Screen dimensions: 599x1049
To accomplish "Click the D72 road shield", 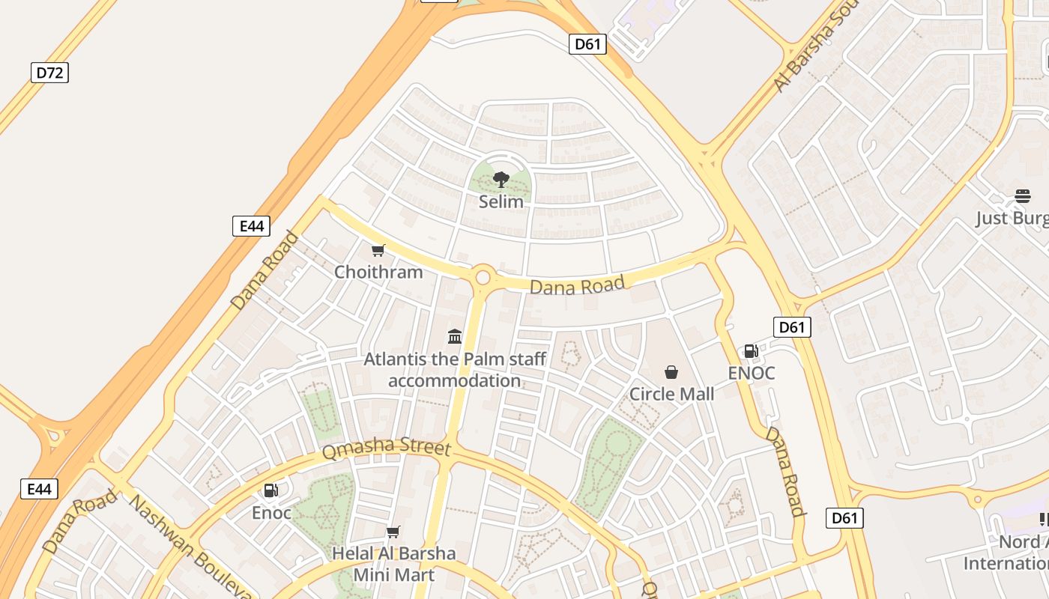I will pyautogui.click(x=49, y=73).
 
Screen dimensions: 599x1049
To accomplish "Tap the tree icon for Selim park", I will pyautogui.click(x=501, y=180).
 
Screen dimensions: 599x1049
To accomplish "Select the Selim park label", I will pyautogui.click(x=501, y=201).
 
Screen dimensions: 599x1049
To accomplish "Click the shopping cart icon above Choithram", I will pyautogui.click(x=378, y=251).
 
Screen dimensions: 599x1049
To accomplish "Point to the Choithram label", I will pyautogui.click(x=378, y=272).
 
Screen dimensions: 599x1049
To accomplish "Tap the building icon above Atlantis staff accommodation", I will pyautogui.click(x=455, y=336).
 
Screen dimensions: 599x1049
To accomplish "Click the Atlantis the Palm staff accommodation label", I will pyautogui.click(x=455, y=370).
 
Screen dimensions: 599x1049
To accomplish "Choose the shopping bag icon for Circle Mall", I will pyautogui.click(x=671, y=372).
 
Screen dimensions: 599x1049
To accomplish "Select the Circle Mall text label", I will pyautogui.click(x=671, y=394).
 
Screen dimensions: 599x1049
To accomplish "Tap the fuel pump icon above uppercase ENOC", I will pyautogui.click(x=751, y=351).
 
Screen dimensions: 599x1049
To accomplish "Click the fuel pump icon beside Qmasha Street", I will pyautogui.click(x=271, y=490).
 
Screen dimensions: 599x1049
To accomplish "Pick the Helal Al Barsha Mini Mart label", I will pyautogui.click(x=393, y=564).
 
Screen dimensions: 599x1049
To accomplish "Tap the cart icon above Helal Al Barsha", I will pyautogui.click(x=393, y=532).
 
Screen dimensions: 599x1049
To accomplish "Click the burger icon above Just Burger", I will pyautogui.click(x=1023, y=196).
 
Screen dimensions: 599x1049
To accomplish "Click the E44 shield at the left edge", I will pyautogui.click(x=39, y=490).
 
